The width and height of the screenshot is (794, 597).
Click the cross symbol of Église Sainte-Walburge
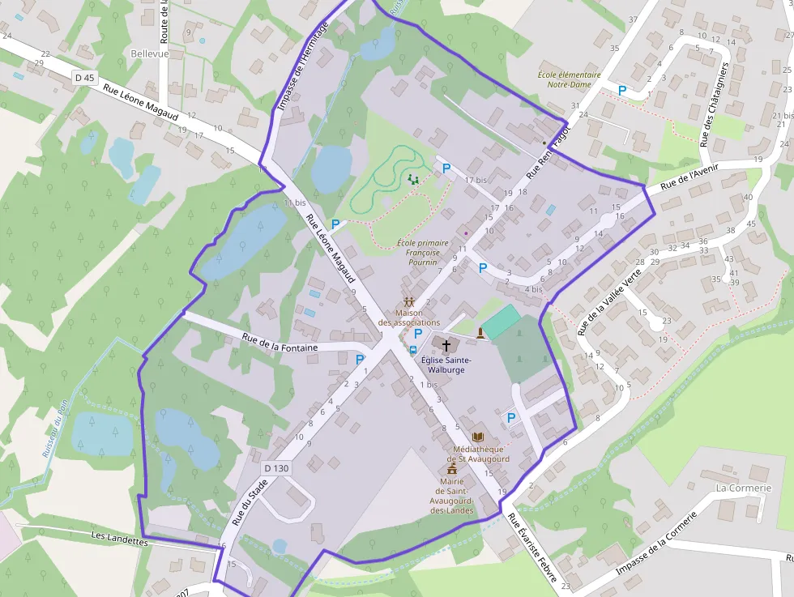click(446, 345)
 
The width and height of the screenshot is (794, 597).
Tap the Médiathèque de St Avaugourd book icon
click(476, 437)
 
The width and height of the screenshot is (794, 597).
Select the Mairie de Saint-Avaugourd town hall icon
click(452, 467)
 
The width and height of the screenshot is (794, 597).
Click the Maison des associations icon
click(408, 302)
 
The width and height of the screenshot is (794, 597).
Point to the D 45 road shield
click(83, 78)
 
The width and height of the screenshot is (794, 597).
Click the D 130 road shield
click(276, 468)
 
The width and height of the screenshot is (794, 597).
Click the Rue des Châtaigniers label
click(714, 104)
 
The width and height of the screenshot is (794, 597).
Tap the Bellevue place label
click(149, 53)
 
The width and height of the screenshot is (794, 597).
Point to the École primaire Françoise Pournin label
click(423, 253)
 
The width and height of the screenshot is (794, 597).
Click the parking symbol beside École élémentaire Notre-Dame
click(622, 91)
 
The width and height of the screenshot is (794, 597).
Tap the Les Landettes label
click(120, 538)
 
